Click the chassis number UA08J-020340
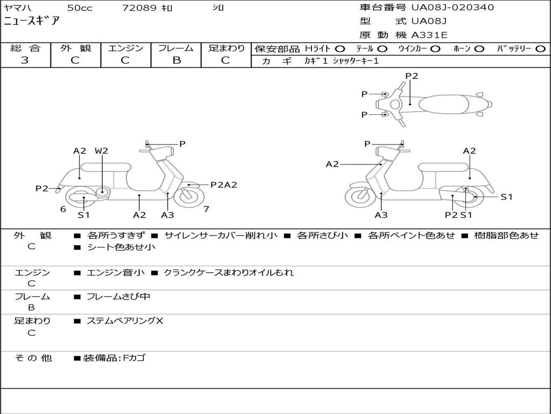pyautogui.click(x=453, y=8)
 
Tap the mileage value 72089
pyautogui.click(x=139, y=8)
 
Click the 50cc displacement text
pyautogui.click(x=79, y=8)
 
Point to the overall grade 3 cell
pyautogui.click(x=25, y=60)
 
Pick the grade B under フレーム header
pyautogui.click(x=176, y=60)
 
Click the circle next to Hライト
pyautogui.click(x=341, y=49)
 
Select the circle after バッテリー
pyautogui.click(x=540, y=49)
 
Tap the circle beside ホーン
pyautogui.click(x=479, y=49)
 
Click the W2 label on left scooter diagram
pyautogui.click(x=101, y=151)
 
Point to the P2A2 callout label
pyautogui.click(x=223, y=185)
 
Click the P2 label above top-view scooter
pyautogui.click(x=412, y=76)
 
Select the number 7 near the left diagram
pyautogui.click(x=206, y=209)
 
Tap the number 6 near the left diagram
pyautogui.click(x=63, y=209)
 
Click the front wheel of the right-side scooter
pyautogui.click(x=360, y=196)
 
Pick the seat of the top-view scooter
pyautogui.click(x=446, y=103)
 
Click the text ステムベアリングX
pyautogui.click(x=125, y=321)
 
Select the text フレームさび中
pyautogui.click(x=118, y=296)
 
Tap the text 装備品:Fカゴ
pyautogui.click(x=114, y=357)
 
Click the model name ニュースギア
pyautogui.click(x=32, y=22)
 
